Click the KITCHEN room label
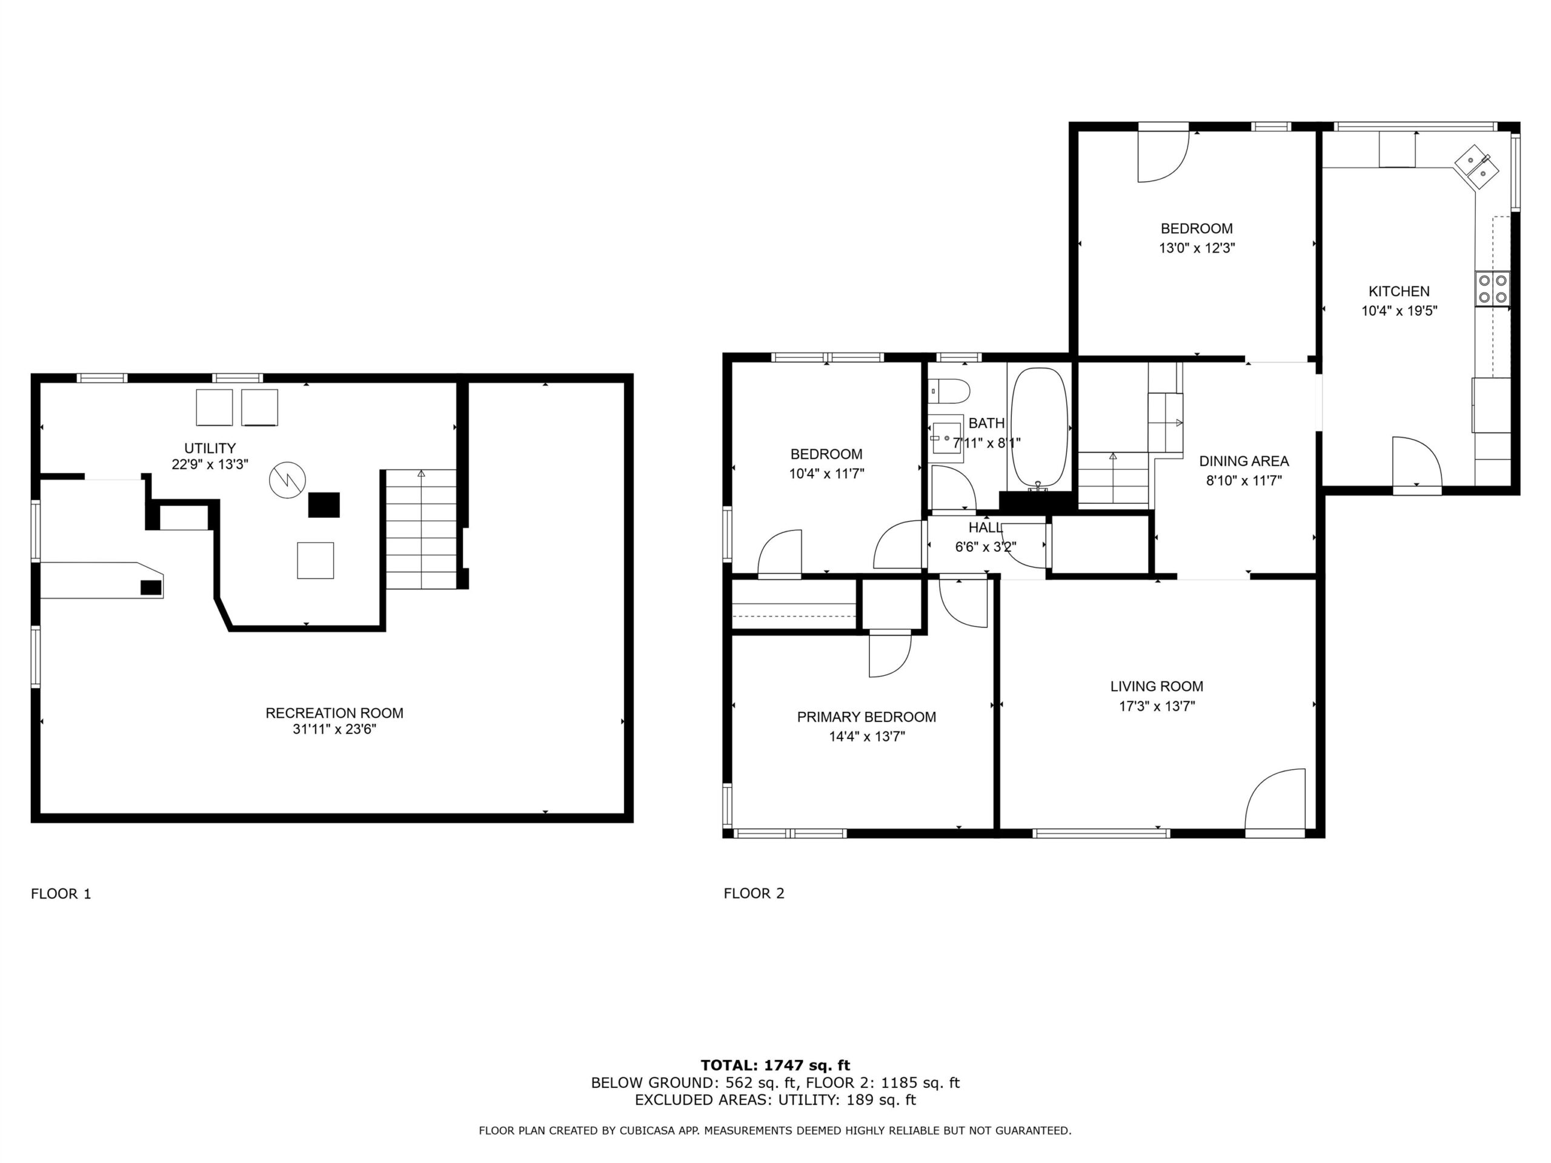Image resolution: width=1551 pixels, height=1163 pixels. pos(1399,291)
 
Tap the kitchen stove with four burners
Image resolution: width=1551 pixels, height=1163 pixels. pos(1492,289)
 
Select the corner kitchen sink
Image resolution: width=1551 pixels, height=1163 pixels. pos(1476,166)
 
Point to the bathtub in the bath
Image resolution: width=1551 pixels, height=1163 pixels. pos(1039,428)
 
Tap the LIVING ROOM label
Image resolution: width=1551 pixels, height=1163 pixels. pos(1156,686)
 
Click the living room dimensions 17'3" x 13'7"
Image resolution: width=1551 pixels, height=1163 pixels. pos(1156,706)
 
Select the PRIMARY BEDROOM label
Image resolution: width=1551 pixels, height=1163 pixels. pos(866,717)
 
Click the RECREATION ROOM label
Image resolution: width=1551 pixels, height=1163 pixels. pos(334,713)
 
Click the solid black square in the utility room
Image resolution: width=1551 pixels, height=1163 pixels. pos(324,505)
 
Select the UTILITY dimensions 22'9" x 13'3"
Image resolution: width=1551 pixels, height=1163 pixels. pos(210,464)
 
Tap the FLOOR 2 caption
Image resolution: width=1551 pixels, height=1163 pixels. pos(754,893)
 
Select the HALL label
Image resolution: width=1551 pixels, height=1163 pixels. pos(985,527)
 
